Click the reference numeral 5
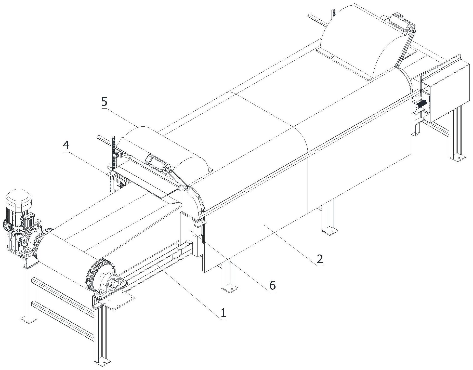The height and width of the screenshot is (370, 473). [104, 102]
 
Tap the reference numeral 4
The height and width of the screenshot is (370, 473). [66, 146]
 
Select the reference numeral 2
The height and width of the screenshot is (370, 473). [320, 259]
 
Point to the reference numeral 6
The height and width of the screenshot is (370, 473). [272, 285]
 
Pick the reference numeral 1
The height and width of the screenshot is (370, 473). [223, 313]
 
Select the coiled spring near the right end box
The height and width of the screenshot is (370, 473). [421, 104]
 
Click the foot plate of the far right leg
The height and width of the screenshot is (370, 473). [457, 158]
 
